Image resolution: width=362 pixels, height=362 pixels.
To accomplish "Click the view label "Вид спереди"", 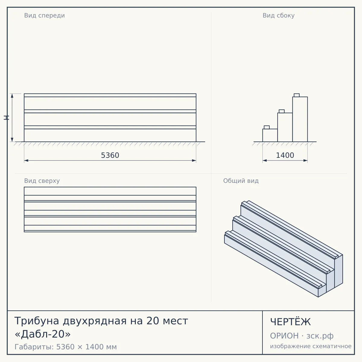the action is (45, 16).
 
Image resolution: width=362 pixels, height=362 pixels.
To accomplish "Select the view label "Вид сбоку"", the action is (278, 16).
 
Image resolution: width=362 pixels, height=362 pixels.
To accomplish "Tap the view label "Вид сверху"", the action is (42, 181).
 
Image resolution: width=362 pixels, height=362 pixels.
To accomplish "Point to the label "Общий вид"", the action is (241, 181).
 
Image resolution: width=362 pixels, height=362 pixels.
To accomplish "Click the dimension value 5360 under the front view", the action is (110, 155).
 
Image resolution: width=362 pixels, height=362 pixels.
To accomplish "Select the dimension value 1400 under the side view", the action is (285, 155).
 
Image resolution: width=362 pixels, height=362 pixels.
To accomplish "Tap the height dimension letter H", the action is (6, 118).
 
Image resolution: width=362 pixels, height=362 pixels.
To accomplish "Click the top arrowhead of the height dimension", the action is (12, 96).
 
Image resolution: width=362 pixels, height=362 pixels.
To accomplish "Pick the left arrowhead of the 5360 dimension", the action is (26, 160).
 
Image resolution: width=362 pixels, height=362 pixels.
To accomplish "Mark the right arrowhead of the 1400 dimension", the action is (306, 160).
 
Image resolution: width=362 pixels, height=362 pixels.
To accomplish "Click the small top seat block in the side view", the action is (297, 95).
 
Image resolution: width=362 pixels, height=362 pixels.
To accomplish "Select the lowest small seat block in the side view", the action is (267, 127).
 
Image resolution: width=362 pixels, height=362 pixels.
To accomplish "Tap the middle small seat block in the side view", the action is (281, 111).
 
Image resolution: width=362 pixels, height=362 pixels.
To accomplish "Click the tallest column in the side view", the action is (300, 119).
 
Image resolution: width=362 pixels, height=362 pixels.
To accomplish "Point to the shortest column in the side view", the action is (270, 135).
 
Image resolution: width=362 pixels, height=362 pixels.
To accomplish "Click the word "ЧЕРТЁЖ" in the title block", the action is (291, 322).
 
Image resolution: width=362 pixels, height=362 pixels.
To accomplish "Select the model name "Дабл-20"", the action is (43, 334).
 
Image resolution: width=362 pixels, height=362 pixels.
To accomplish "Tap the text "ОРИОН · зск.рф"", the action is (302, 336).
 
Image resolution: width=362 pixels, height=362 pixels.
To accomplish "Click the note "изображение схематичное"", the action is (311, 346).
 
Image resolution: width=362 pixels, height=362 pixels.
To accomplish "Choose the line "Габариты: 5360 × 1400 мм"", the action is (65, 347).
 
